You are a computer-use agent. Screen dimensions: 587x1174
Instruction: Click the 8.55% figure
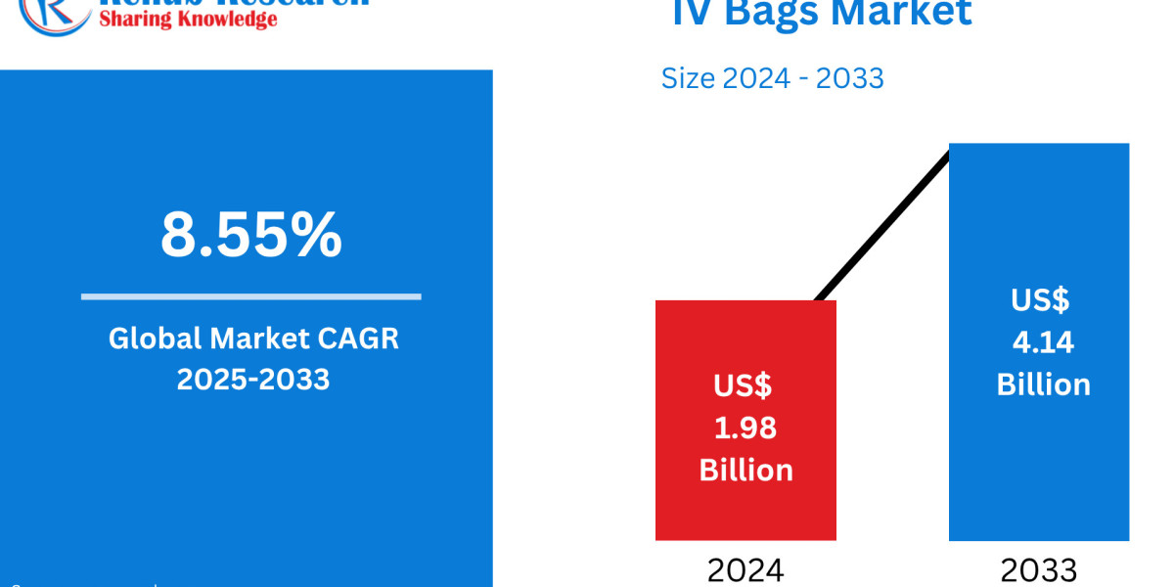251,236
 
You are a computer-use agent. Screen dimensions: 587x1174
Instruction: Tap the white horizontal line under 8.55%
251,295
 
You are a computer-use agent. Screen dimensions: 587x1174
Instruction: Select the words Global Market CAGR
253,339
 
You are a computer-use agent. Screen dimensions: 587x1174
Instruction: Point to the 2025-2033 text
253,379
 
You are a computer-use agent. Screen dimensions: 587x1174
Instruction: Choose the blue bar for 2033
1039,215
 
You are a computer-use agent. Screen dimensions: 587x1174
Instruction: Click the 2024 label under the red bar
745,570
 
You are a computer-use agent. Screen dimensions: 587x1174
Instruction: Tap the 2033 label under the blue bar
1039,570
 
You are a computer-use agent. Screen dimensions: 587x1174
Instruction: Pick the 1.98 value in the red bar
746,428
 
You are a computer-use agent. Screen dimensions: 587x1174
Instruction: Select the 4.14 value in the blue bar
1043,342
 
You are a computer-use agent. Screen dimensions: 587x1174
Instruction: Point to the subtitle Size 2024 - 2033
773,78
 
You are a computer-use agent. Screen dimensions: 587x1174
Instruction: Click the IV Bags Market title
822,13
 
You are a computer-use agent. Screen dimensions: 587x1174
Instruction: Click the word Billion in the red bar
746,471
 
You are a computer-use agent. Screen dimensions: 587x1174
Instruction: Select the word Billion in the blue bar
1043,384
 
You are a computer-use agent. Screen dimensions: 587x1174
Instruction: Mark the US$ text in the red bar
743,385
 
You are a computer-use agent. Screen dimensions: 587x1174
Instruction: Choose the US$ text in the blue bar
1040,299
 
